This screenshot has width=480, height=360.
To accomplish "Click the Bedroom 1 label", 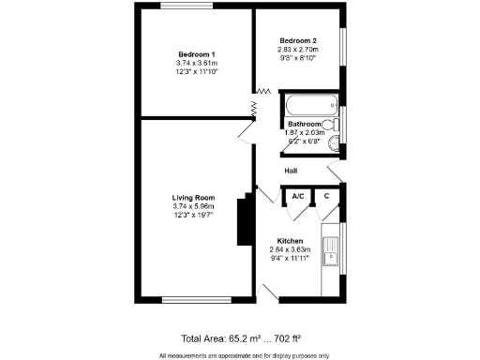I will tap(196, 54).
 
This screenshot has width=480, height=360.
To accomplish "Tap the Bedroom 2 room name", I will tap(297, 40).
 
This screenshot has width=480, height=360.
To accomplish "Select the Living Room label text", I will tap(194, 198).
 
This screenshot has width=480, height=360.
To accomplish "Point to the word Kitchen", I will tap(289, 241).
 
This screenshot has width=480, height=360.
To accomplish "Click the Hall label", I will tap(292, 171).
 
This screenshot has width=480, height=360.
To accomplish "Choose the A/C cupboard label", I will tap(298, 196).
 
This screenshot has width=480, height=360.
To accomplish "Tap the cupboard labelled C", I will tap(325, 196).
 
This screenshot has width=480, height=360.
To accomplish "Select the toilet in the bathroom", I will tap(330, 125).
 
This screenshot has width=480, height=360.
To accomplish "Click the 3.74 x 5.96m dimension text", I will tap(194, 206).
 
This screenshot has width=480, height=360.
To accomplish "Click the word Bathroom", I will tap(305, 124).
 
